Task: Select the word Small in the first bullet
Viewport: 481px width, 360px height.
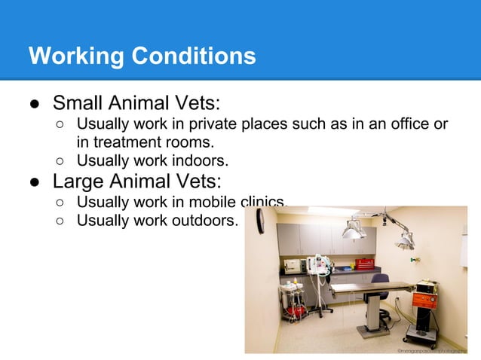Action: tap(78, 102)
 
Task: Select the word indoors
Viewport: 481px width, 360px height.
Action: tap(198, 160)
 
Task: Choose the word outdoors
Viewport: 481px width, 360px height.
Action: tap(204, 221)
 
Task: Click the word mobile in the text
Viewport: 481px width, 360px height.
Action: tap(213, 203)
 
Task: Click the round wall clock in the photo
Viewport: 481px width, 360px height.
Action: tap(260, 221)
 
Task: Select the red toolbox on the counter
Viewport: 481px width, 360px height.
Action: tap(364, 264)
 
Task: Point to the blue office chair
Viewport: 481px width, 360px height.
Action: tap(380, 285)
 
